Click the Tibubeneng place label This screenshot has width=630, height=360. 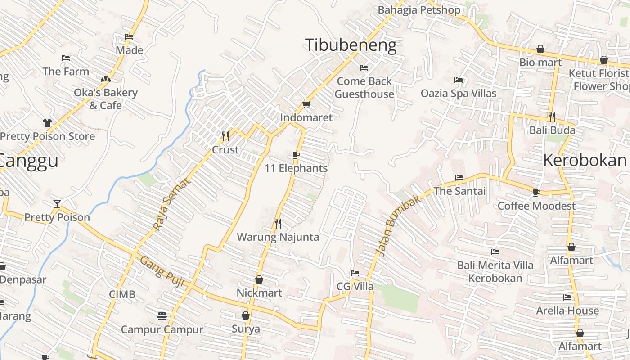click(351, 45)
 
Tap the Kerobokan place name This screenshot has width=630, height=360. click(585, 160)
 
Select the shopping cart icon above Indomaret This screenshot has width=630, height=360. click(306, 105)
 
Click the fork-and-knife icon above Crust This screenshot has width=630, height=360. click(225, 135)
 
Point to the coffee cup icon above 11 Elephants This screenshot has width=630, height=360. click(296, 155)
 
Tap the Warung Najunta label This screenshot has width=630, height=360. click(278, 237)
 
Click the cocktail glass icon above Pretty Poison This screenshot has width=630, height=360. click(57, 204)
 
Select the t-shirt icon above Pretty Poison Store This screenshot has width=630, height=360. click(47, 122)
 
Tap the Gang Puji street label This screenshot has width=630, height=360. click(162, 272)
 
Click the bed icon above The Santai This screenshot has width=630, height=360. click(459, 178)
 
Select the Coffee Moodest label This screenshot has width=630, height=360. click(536, 206)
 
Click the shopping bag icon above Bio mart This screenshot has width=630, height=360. click(540, 49)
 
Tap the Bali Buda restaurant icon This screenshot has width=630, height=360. click(552, 117)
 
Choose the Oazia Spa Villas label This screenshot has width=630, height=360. click(459, 94)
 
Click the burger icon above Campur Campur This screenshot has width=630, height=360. click(162, 316)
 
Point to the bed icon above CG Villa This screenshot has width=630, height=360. click(355, 273)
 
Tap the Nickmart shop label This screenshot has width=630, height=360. click(260, 293)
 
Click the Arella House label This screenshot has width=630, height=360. click(567, 310)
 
